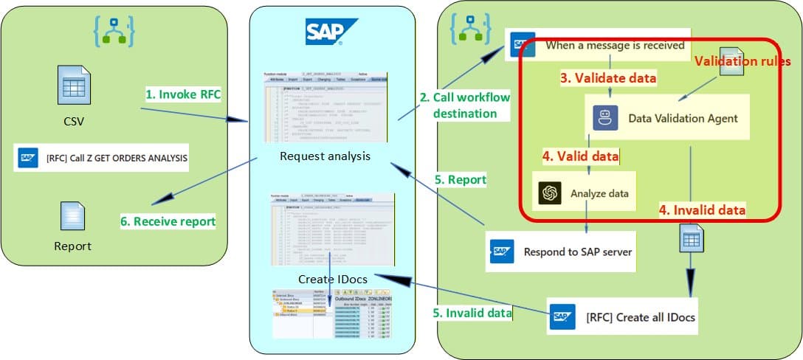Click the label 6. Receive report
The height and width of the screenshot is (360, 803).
(x=168, y=221)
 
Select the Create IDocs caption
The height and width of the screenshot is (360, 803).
(x=331, y=279)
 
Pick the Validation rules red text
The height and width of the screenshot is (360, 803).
(x=743, y=61)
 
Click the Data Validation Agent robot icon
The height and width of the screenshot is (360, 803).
(x=605, y=118)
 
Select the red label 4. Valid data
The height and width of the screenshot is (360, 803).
(x=580, y=156)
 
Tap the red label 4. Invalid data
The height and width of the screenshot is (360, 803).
(x=702, y=210)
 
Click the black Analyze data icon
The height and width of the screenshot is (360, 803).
(x=549, y=193)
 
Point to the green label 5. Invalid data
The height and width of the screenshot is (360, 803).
(x=472, y=312)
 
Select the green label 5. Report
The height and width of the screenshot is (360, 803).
(x=461, y=179)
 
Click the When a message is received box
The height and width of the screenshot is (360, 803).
(x=598, y=45)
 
